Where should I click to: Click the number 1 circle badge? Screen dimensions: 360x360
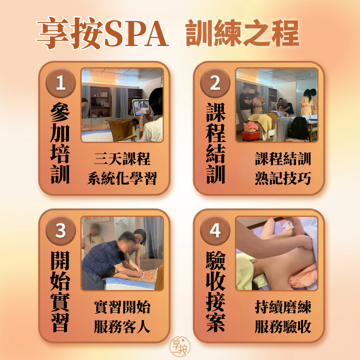tap(60, 83)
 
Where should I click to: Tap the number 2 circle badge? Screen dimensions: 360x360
tap(215, 83)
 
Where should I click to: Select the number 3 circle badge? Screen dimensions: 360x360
tap(60, 231)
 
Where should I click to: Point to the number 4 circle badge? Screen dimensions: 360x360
tap(215, 231)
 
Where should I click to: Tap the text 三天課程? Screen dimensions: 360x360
tap(122, 159)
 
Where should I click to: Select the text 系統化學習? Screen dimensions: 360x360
tap(122, 179)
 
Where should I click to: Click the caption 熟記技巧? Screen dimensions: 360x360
tap(283, 179)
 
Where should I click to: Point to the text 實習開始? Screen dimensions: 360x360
tap(122, 307)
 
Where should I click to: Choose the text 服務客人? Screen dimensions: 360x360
tap(122, 327)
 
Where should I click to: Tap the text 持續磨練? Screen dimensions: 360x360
tap(283, 307)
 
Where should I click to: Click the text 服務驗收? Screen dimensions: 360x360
tap(283, 327)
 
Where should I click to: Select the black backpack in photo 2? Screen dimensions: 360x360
tap(299, 128)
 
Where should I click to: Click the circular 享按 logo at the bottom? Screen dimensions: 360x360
tap(180, 347)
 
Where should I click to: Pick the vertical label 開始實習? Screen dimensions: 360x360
tap(60, 292)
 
